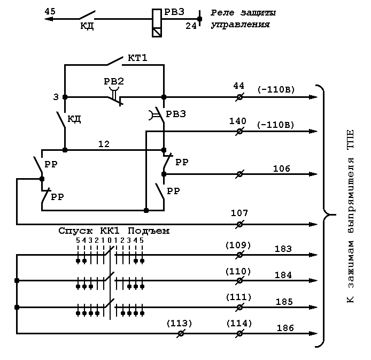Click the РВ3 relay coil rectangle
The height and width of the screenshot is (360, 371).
[x=157, y=23]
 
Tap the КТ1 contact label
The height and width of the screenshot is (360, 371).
[x=137, y=58]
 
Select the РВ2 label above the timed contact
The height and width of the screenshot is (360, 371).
[x=114, y=81]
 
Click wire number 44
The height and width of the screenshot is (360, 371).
[x=238, y=86]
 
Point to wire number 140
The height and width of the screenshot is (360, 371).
[x=237, y=121]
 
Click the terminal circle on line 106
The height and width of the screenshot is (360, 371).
[x=239, y=174]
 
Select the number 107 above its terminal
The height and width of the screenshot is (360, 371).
[x=239, y=213]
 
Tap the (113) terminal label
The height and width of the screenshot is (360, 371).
[x=179, y=323]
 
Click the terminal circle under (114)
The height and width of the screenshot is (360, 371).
[x=239, y=333]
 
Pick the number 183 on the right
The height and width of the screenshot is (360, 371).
[x=283, y=249]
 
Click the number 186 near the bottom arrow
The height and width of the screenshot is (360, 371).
[x=285, y=328]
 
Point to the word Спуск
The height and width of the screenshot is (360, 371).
[x=75, y=231]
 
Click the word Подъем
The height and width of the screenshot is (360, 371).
[x=149, y=231]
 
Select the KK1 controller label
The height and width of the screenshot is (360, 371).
[x=110, y=231]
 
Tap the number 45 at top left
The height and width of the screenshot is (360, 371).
[x=50, y=11]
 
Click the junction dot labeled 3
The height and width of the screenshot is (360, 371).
[x=65, y=97]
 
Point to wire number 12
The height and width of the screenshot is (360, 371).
[x=104, y=144]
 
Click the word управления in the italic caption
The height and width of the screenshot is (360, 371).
[x=240, y=25]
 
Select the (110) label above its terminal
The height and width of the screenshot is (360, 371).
[x=238, y=271]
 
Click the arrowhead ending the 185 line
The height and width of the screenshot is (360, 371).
[x=313, y=308]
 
